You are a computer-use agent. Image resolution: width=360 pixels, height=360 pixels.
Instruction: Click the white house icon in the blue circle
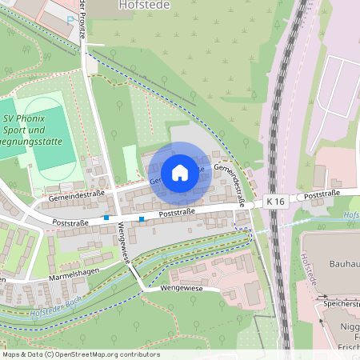point(180,172)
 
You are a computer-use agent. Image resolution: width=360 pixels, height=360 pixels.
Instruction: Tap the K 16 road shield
point(277,202)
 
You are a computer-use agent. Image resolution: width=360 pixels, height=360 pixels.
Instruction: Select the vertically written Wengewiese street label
point(125,245)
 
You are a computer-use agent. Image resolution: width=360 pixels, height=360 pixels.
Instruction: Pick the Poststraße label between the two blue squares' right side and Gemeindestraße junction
point(178,214)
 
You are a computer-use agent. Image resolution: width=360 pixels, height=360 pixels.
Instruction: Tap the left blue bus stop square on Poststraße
point(106,217)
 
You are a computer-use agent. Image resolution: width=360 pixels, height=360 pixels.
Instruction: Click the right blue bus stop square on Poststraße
point(142,218)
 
